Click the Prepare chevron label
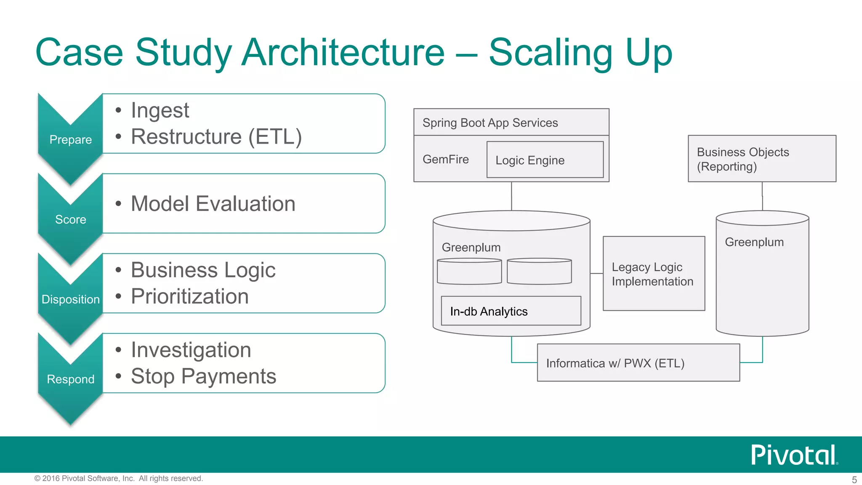pos(70,139)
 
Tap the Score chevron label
pos(70,219)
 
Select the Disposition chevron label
pos(70,299)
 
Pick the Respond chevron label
pos(70,379)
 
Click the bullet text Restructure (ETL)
pos(216,137)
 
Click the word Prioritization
pos(189,296)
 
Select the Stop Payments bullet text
pos(203,376)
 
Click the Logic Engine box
pos(545,160)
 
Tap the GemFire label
pos(445,160)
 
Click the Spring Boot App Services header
pos(490,123)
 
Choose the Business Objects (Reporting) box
pos(761,159)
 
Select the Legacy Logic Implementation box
pos(653,274)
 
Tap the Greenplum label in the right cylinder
pos(754,242)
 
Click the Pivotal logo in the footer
pos(794,455)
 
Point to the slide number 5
pos(854,480)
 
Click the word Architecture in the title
pos(343,52)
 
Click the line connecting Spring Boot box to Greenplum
pos(511,196)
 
